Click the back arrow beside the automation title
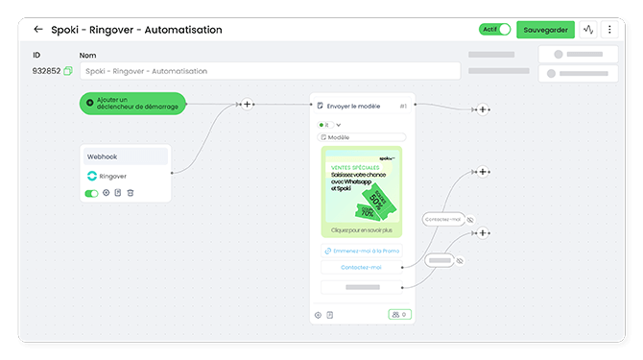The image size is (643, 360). point(38,30)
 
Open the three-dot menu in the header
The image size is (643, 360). point(609,30)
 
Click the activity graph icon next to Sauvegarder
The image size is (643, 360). point(588,30)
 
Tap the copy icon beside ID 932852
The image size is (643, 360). point(68,71)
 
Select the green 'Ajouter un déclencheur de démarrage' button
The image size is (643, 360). point(132,104)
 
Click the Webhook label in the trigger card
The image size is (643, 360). point(102,156)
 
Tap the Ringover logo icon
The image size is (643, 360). point(91,176)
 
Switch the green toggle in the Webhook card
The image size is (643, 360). point(92,193)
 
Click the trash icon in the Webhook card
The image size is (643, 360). point(131,193)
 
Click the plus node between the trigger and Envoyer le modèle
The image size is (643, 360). point(247,104)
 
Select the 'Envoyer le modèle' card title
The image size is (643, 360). point(354,106)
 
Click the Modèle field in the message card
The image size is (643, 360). point(363,137)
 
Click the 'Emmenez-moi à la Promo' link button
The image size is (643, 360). point(362,252)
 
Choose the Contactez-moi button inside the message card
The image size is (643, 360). point(362,267)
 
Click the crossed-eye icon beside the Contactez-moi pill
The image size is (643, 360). point(470,220)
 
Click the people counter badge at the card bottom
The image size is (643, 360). point(399,314)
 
